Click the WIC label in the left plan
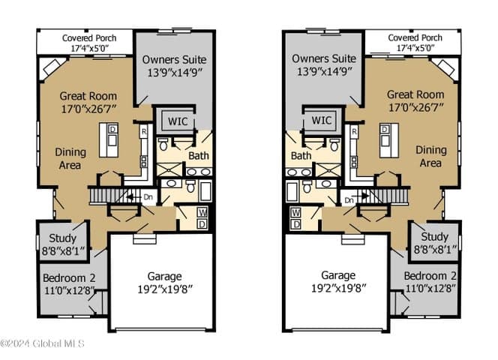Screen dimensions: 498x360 pos(178,121)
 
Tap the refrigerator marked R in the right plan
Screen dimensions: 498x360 pos(355,131)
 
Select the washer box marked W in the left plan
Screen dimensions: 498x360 pos(202,212)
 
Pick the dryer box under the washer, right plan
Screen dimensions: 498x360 pos(295,224)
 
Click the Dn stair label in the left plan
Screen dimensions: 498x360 pos(148,197)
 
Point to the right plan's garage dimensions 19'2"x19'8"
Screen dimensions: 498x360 pos(338,289)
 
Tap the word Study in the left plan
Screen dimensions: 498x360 pos(62,238)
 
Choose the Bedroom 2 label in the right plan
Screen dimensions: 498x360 pos(430,276)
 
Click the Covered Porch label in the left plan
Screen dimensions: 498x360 pos(89,38)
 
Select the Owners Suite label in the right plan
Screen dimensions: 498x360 pos(324,58)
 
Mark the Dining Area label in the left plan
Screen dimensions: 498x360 pos(70,158)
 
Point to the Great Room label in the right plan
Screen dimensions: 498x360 pos(415,94)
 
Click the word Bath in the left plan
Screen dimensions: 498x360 pos(199,156)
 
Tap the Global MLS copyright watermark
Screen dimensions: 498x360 pos(42,343)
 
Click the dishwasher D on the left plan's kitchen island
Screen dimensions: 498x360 pos(112,129)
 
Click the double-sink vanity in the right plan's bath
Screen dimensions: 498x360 pos(298,172)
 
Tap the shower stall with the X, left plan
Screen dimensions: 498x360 pos(169,169)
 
